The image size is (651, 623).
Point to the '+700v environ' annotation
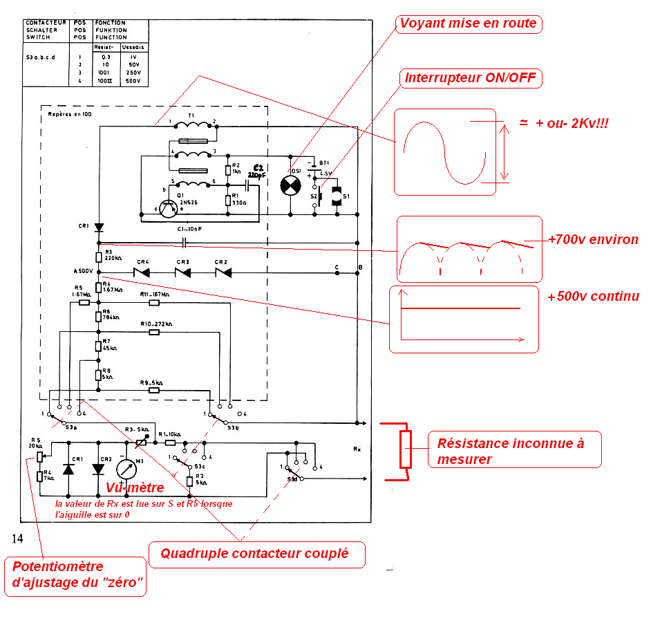593,240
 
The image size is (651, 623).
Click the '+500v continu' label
593,297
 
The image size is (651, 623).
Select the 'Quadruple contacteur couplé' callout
255,553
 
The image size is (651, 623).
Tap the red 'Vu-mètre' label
135,487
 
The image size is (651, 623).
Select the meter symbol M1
126,469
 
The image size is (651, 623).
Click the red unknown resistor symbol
406,449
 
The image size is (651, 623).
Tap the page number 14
18,539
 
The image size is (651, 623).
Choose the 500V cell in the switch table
132,82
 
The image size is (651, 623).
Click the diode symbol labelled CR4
143,273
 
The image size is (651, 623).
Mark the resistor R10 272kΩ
153,332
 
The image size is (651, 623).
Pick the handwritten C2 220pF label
258,171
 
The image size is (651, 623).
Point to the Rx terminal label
357,449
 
